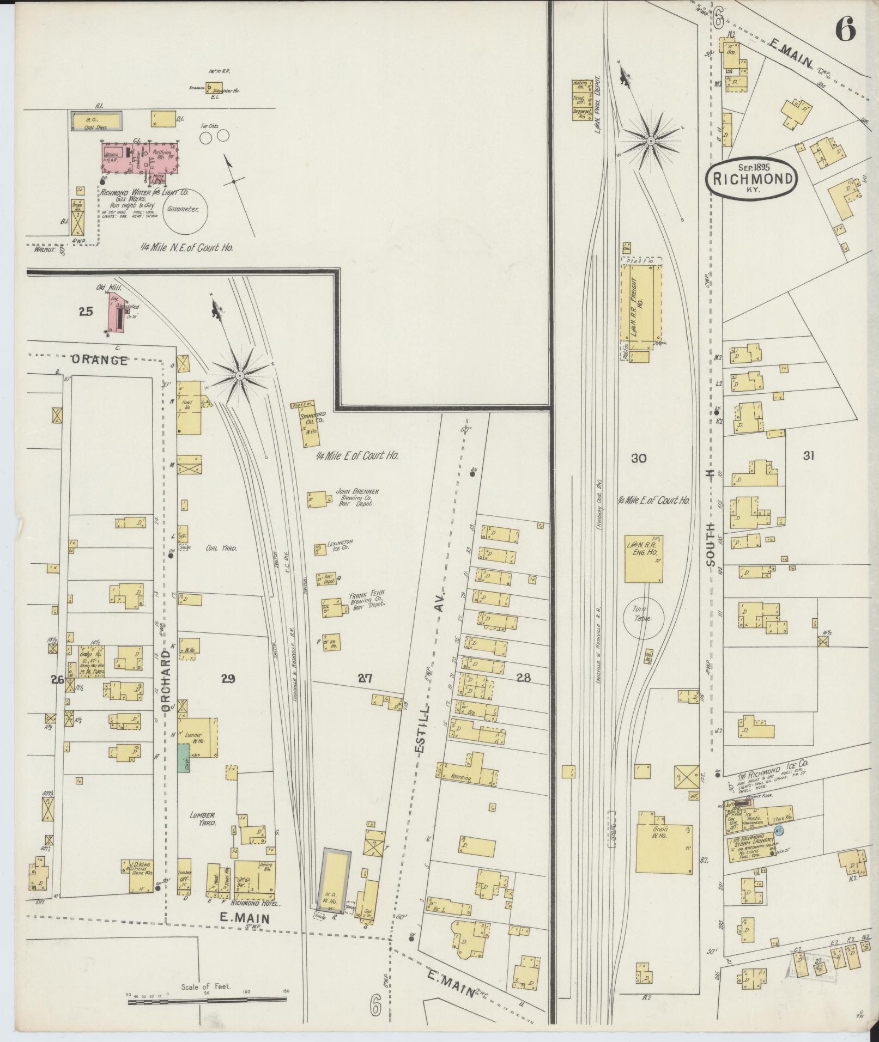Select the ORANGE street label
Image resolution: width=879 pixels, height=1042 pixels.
(100, 360)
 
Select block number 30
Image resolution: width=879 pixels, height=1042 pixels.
(638, 459)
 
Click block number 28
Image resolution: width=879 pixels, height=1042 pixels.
(524, 678)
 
